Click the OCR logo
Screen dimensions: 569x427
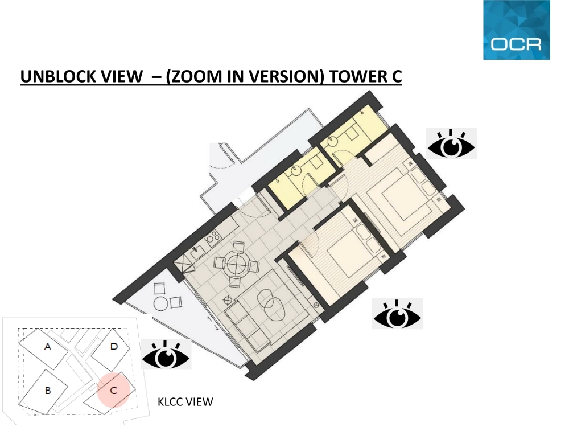pos(517,30)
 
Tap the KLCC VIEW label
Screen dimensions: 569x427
pos(185,401)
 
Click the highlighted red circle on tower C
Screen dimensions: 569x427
pos(113,390)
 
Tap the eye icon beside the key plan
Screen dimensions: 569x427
pos(166,355)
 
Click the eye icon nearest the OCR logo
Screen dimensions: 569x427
pos(451,143)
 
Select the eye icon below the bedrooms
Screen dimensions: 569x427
pos(397,314)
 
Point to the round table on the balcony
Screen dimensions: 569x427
pos(160,303)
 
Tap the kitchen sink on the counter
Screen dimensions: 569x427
pos(197,251)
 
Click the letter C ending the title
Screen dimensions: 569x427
pos(397,76)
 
